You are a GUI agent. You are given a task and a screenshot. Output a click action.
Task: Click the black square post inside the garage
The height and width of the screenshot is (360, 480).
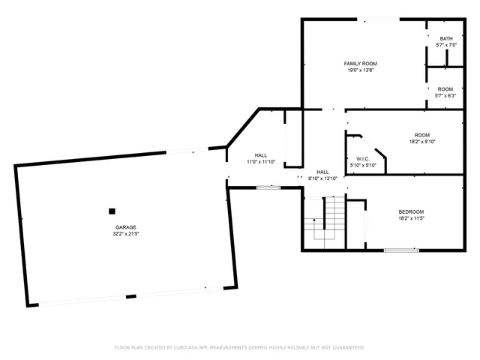click(x=112, y=211)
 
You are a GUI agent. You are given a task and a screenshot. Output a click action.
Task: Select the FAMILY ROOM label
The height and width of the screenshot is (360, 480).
click(x=360, y=64)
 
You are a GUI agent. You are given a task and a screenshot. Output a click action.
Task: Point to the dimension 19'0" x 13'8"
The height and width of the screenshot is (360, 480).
click(x=360, y=70)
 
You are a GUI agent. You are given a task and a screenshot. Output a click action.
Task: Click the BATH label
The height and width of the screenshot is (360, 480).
click(x=446, y=39)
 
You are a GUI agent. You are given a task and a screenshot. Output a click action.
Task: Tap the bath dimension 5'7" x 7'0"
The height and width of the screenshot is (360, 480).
click(x=446, y=45)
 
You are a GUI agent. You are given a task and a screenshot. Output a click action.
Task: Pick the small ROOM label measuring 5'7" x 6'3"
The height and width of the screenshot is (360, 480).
click(x=445, y=89)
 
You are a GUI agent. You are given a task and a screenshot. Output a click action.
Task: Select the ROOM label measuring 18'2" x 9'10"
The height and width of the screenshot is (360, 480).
click(x=422, y=134)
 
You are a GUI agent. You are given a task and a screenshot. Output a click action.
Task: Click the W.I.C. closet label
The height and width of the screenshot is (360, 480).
click(x=362, y=159)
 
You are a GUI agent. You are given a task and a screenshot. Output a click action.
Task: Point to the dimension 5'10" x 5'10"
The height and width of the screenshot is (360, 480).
click(x=362, y=165)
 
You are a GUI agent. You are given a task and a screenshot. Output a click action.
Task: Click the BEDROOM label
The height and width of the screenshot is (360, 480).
click(x=411, y=211)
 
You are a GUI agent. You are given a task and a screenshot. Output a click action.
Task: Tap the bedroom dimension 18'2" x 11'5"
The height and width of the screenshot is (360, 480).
click(x=411, y=218)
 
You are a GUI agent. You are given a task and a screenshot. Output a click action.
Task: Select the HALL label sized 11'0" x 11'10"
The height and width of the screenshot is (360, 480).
click(x=261, y=155)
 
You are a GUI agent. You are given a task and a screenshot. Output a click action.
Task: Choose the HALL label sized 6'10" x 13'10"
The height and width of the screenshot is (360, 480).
click(x=322, y=172)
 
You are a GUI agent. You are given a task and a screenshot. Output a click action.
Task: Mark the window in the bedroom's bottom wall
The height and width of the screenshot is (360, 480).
click(x=401, y=250)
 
